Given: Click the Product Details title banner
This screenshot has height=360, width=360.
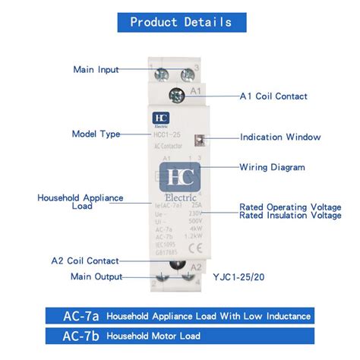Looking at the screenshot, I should tap(180, 21).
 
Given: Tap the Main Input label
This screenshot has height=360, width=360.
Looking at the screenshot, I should tap(96, 70).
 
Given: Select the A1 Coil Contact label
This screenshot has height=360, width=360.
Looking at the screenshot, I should tap(273, 96).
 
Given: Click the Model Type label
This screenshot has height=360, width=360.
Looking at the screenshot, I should tap(96, 134).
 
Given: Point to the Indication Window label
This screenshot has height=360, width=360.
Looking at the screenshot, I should tap(280, 137).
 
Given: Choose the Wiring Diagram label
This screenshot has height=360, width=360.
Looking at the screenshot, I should tap(273, 167).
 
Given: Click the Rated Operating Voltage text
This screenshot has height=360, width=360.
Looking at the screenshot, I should tap(289, 207).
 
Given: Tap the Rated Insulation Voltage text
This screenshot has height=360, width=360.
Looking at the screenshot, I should tap(290, 216).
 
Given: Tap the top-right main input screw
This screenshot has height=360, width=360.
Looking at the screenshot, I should tap(191, 75).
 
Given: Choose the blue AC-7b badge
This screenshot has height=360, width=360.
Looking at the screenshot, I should tap(74, 336).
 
